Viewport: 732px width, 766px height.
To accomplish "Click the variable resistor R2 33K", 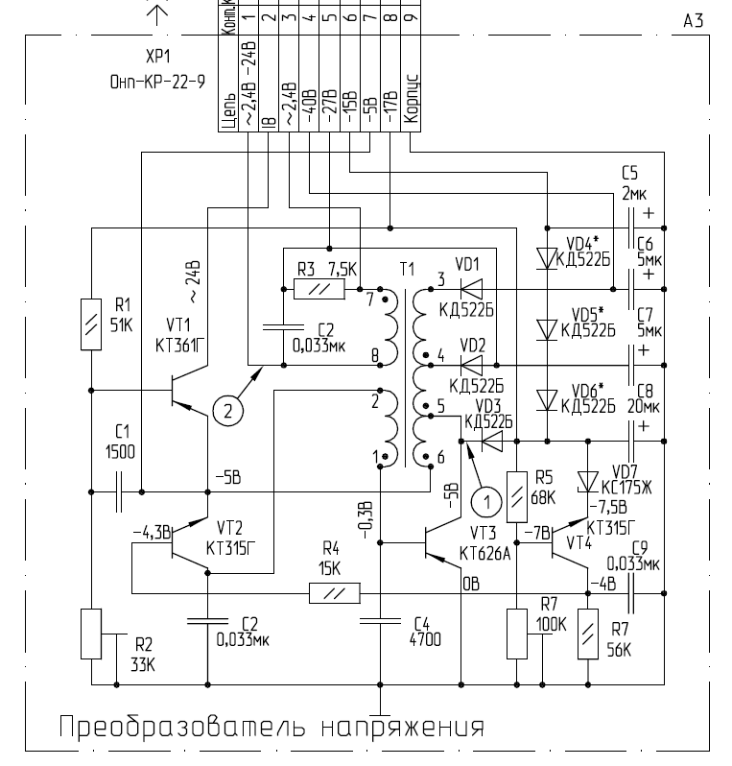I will click(x=91, y=634).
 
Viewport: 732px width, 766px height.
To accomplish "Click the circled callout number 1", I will click(x=487, y=500).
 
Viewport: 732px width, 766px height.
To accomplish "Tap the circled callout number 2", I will click(x=226, y=412).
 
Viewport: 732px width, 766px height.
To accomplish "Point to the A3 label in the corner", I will click(x=693, y=20).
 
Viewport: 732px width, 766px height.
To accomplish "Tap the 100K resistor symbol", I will click(x=516, y=634).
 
